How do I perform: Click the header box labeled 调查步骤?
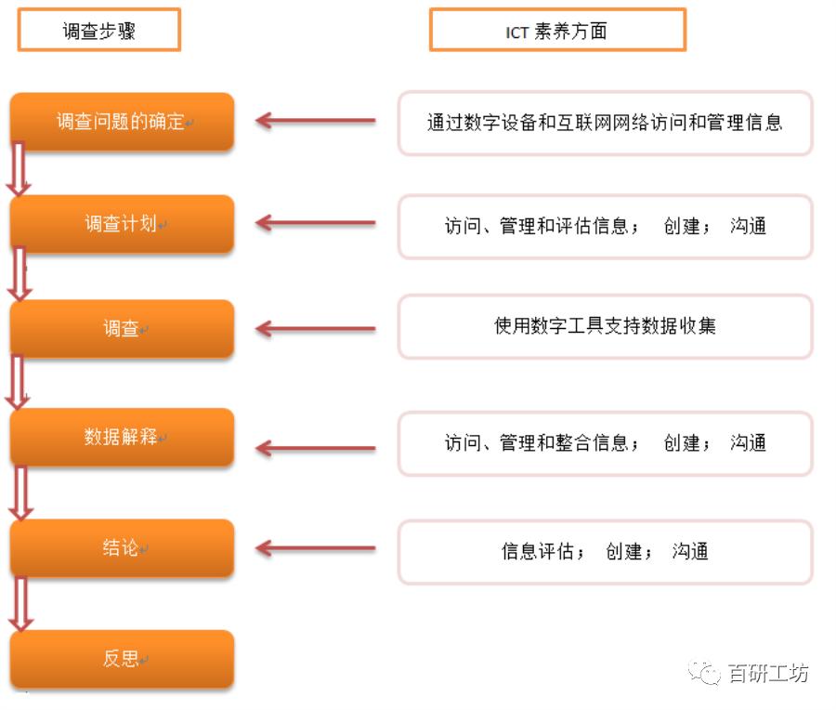(99, 30)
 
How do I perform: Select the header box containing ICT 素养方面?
(557, 30)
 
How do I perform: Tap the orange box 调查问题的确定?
(122, 122)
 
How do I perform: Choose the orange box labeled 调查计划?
(122, 224)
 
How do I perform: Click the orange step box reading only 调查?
(122, 329)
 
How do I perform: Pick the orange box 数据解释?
(122, 438)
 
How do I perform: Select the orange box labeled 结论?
(122, 548)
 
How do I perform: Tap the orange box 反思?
(122, 659)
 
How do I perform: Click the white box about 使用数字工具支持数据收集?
(605, 326)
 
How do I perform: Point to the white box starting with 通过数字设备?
(605, 124)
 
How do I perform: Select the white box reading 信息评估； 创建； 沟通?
(605, 552)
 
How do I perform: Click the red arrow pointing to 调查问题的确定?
(316, 121)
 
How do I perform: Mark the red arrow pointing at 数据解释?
(316, 448)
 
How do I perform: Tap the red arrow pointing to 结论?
(316, 548)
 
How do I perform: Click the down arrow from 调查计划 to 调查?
(20, 274)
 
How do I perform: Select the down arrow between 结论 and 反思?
(20, 604)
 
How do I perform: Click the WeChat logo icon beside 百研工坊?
(704, 672)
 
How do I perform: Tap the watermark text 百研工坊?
(768, 673)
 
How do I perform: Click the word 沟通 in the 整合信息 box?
(748, 442)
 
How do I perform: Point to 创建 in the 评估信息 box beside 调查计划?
(682, 226)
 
